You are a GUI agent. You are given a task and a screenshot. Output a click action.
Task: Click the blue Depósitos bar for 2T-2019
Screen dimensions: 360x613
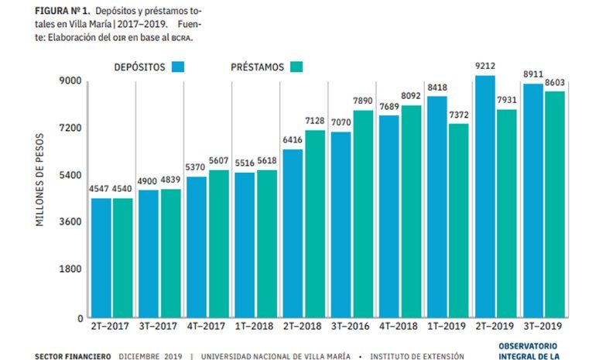click(x=486, y=197)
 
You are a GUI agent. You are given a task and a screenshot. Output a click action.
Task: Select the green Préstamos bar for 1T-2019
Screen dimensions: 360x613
click(x=457, y=221)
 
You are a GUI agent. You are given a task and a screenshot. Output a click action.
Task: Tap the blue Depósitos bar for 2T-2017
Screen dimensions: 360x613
click(x=101, y=258)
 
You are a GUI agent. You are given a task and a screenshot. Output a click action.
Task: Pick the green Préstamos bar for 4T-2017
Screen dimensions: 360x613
click(x=217, y=244)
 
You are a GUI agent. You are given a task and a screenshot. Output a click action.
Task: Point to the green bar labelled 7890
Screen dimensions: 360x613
click(x=362, y=214)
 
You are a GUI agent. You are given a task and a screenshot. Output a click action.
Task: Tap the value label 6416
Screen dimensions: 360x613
click(x=293, y=140)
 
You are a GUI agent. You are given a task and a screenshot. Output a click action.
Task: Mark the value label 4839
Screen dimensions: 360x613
click(x=170, y=180)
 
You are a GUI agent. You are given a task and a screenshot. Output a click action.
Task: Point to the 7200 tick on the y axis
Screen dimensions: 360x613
click(x=70, y=128)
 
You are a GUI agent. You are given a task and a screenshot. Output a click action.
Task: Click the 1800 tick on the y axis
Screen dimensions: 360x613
click(x=70, y=270)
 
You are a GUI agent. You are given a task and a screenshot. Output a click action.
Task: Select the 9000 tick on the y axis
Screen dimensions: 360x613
click(x=70, y=81)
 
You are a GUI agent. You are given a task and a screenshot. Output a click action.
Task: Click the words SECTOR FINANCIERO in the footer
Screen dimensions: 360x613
click(x=74, y=356)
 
